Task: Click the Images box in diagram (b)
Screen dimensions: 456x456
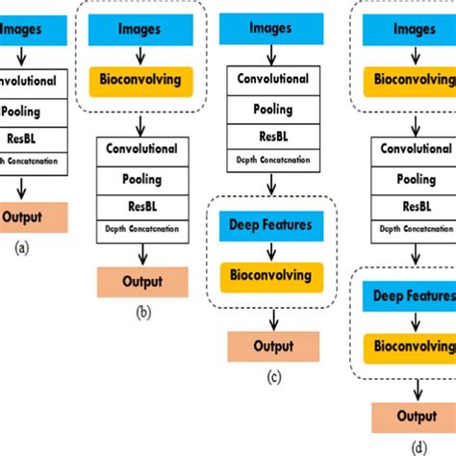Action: (x=141, y=31)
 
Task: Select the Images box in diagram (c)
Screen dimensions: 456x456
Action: (x=271, y=31)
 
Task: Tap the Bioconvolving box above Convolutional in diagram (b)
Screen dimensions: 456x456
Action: (x=141, y=81)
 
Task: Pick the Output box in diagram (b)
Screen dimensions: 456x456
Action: (x=141, y=282)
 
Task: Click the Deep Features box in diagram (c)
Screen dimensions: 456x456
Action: (x=271, y=226)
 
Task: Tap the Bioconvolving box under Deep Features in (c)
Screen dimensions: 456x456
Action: (x=271, y=276)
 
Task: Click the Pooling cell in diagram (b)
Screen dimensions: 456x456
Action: (x=141, y=179)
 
